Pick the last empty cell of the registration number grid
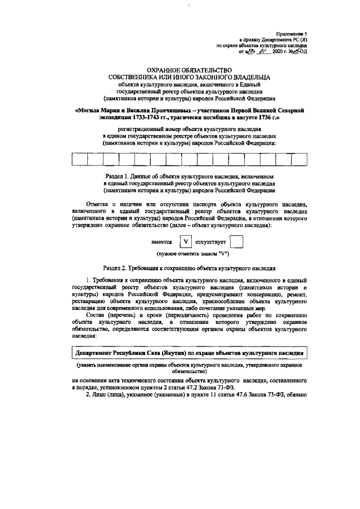pos(298,159)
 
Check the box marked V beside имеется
pos(185,242)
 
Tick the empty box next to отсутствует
pos(237,242)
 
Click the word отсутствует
pos(210,242)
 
